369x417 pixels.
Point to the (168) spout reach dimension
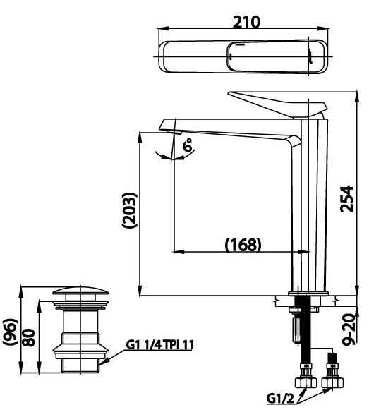pyautogui.click(x=243, y=245)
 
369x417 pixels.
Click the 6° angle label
pyautogui.click(x=188, y=146)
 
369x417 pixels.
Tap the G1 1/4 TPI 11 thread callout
pyautogui.click(x=160, y=344)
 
